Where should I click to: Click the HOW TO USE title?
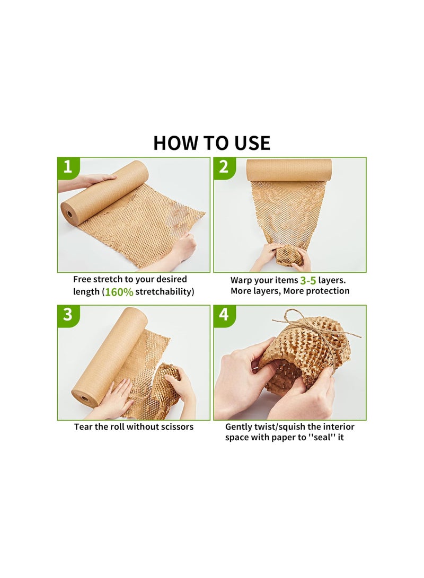pos(211,143)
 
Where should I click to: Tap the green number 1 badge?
pos(67,167)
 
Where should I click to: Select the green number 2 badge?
pos(224,167)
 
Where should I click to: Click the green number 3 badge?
pos(67,315)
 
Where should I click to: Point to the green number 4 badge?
pos(224,315)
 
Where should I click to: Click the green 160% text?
pos(119,292)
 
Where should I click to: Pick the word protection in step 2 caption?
pos(327,291)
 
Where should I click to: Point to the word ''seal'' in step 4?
pos(319,438)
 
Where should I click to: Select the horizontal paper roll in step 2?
pos(289,170)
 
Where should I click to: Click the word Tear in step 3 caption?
pos(83,426)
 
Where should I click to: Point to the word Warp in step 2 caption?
pos(242,280)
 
